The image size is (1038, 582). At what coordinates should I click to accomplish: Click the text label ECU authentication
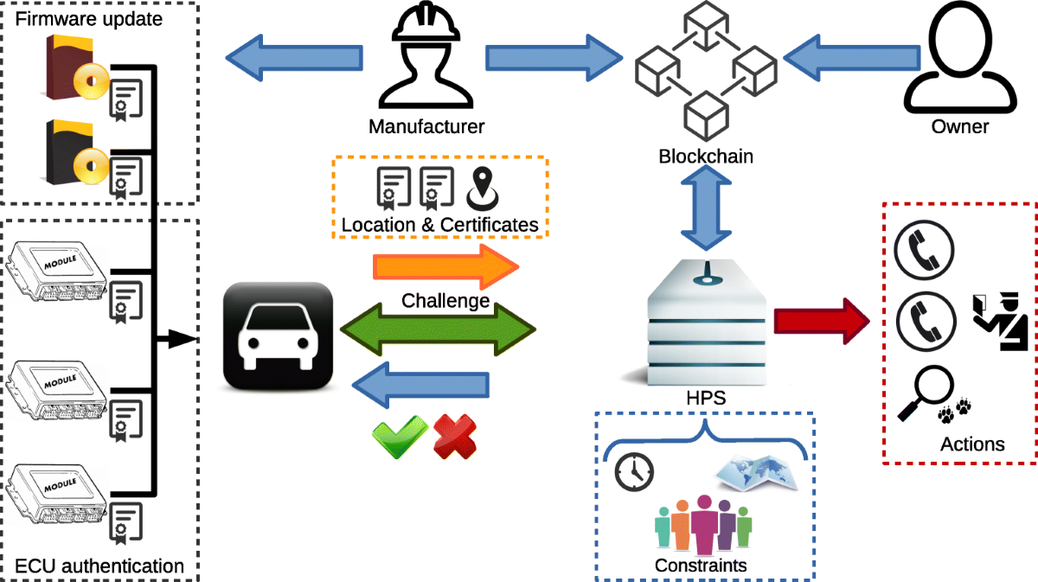99,566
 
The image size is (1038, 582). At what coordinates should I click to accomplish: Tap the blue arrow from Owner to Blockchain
838,60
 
